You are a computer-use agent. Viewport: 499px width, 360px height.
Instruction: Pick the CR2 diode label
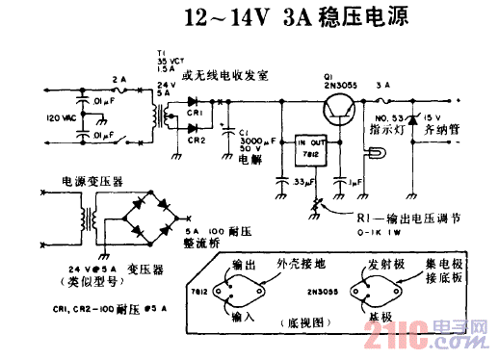click(x=197, y=140)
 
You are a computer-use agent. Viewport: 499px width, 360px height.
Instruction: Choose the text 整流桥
click(x=203, y=245)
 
